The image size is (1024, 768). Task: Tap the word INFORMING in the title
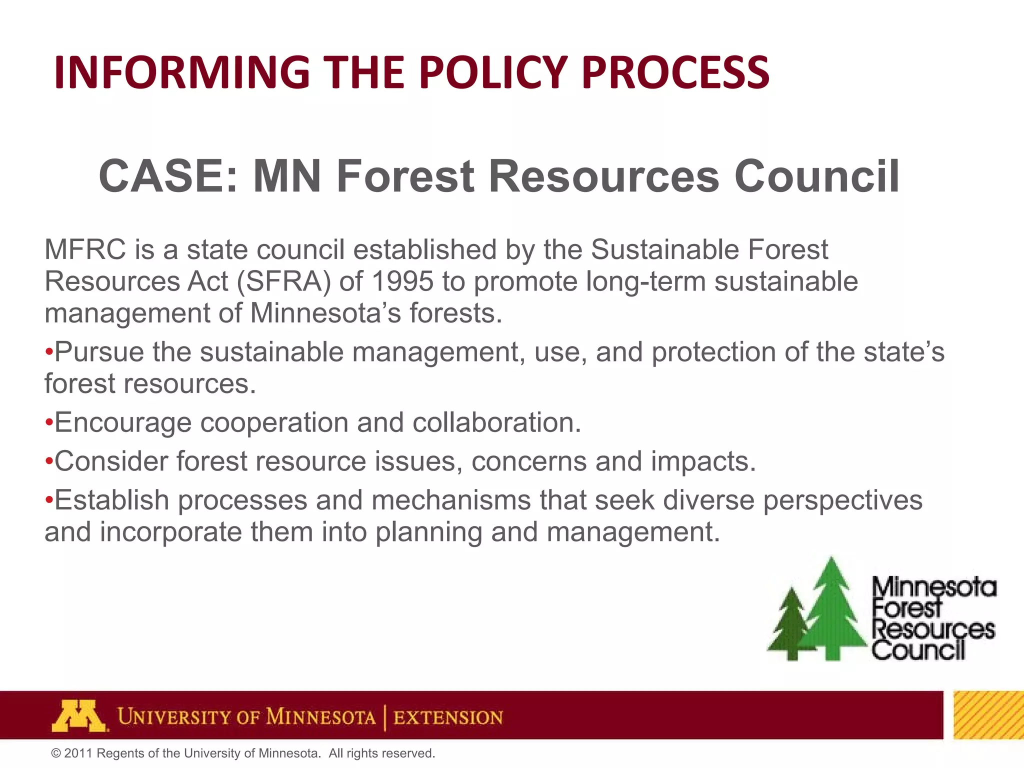pyautogui.click(x=182, y=72)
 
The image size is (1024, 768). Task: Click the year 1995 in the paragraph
pyautogui.click(x=402, y=281)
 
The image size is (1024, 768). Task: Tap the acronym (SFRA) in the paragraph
pyautogui.click(x=283, y=281)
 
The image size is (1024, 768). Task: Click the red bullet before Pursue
pyautogui.click(x=48, y=352)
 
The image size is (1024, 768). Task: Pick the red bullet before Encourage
pyautogui.click(x=48, y=423)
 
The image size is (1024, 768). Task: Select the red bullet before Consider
pyautogui.click(x=48, y=461)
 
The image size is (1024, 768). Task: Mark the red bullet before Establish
pyautogui.click(x=48, y=500)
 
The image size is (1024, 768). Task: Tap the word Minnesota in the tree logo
pyautogui.click(x=934, y=587)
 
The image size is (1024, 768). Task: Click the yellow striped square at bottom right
pyautogui.click(x=988, y=715)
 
